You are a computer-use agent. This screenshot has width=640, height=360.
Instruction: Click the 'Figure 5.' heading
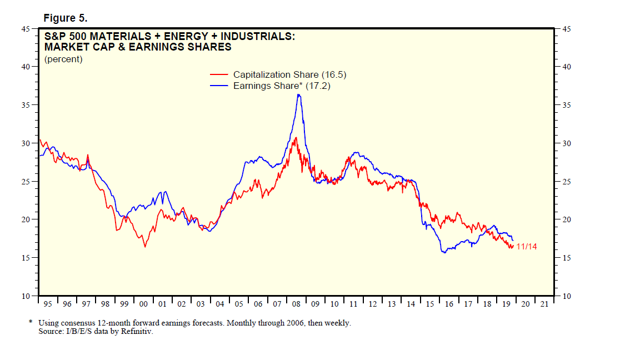click(65, 18)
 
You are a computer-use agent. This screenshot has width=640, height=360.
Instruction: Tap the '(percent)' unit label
click(63, 59)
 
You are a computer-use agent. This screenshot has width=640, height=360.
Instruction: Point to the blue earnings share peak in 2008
click(299, 95)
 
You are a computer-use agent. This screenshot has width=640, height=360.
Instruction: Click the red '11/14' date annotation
click(527, 247)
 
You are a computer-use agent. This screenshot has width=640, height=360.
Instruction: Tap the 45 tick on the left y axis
click(26, 28)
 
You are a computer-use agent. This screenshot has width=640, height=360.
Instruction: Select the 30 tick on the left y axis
click(26, 143)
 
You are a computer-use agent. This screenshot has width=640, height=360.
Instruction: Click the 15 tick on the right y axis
click(567, 258)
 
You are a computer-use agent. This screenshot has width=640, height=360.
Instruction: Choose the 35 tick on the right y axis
click(567, 105)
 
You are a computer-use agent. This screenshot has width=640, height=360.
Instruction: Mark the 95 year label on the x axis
click(48, 304)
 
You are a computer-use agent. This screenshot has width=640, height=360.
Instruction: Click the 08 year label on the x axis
click(296, 304)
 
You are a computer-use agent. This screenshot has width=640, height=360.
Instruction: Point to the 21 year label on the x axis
click(544, 304)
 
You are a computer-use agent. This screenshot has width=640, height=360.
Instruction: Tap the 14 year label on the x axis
click(411, 304)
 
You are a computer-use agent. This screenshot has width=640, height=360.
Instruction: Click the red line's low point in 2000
click(146, 246)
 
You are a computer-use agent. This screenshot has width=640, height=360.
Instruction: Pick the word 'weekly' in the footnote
click(337, 323)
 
